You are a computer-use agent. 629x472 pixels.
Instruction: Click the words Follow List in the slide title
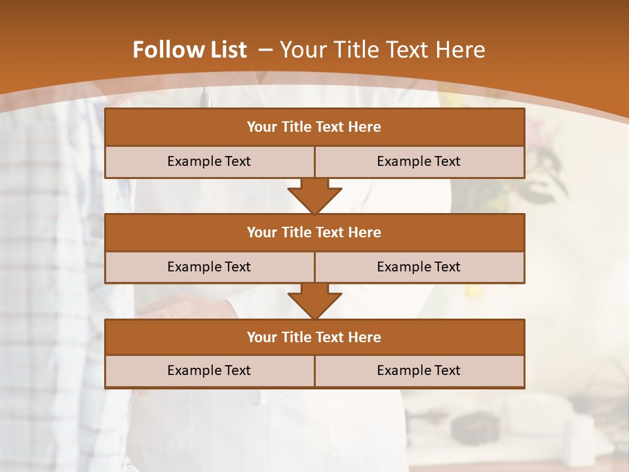point(189,50)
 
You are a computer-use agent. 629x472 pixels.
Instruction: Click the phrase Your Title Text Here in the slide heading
point(382,50)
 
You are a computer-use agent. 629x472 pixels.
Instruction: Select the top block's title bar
point(314,127)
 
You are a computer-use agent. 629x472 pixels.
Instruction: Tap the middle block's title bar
point(314,233)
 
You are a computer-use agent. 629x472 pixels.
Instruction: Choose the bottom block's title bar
point(314,338)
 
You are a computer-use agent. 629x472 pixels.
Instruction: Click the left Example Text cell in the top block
point(210,162)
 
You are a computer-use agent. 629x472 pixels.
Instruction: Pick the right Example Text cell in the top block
point(419,162)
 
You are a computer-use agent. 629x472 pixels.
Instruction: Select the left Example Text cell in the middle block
point(210,267)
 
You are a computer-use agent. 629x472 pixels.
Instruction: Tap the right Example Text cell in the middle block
point(419,267)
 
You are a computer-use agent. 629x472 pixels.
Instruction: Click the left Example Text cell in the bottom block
point(210,371)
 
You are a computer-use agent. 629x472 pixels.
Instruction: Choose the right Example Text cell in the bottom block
point(419,371)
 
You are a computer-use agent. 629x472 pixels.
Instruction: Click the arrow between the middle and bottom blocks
point(314,301)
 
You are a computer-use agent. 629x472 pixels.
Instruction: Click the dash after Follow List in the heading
point(265,50)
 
